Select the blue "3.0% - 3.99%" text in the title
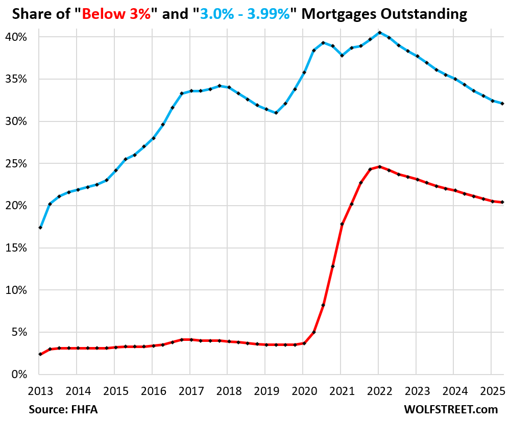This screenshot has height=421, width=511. point(246,14)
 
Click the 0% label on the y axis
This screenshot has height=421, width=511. point(22,375)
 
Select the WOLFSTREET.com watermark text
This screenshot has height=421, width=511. point(450,410)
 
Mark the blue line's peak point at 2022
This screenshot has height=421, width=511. point(379,33)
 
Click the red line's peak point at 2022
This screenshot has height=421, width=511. point(379,167)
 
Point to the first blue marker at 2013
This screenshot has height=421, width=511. point(40,228)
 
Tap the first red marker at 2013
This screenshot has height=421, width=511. point(40,354)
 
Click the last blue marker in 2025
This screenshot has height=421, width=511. point(503,104)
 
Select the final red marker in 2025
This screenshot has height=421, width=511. point(503,202)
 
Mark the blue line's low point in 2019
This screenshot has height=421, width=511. point(276,113)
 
